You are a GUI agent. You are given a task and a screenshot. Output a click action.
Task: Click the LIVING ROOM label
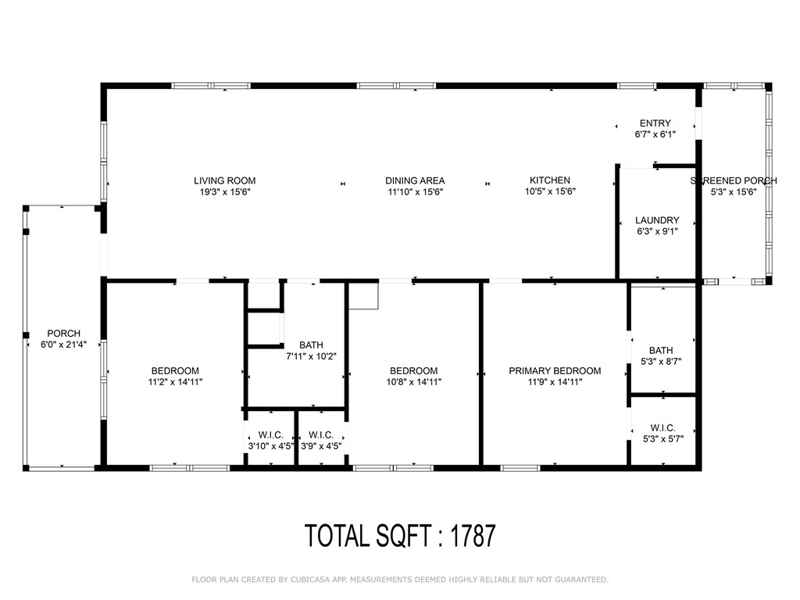point(224,180)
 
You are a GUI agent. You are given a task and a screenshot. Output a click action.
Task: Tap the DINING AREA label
point(415,180)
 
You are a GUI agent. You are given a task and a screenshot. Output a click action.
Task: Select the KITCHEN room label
point(550,180)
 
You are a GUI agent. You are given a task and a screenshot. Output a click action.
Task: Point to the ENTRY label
point(655,123)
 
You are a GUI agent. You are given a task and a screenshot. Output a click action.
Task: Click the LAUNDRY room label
point(657,220)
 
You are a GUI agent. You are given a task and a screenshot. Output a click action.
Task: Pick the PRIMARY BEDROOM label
point(555,370)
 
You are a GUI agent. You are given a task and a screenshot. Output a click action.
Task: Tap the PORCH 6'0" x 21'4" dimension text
point(64,345)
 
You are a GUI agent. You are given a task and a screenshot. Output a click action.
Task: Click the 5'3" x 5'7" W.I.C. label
point(662,439)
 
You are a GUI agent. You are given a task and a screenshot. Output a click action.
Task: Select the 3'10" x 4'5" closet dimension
point(270,446)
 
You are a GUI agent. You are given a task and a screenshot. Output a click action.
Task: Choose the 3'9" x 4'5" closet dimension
point(321,446)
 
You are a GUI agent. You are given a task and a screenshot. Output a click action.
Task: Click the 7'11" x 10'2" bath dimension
point(311,356)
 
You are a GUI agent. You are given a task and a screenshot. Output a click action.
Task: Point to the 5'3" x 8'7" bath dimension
point(661,361)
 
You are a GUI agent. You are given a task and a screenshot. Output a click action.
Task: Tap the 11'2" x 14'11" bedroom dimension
point(175,381)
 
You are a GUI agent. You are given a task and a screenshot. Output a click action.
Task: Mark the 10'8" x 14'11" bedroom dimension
point(414,381)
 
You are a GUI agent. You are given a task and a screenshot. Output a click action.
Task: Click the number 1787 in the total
point(473,536)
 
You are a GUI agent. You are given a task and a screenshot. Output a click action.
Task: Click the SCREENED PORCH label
point(734,180)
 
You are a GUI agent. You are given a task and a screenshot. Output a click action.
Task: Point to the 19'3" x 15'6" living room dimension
point(225,192)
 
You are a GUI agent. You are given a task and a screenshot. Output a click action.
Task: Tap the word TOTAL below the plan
point(337,536)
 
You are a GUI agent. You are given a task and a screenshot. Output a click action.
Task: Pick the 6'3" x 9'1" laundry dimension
point(657,231)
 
